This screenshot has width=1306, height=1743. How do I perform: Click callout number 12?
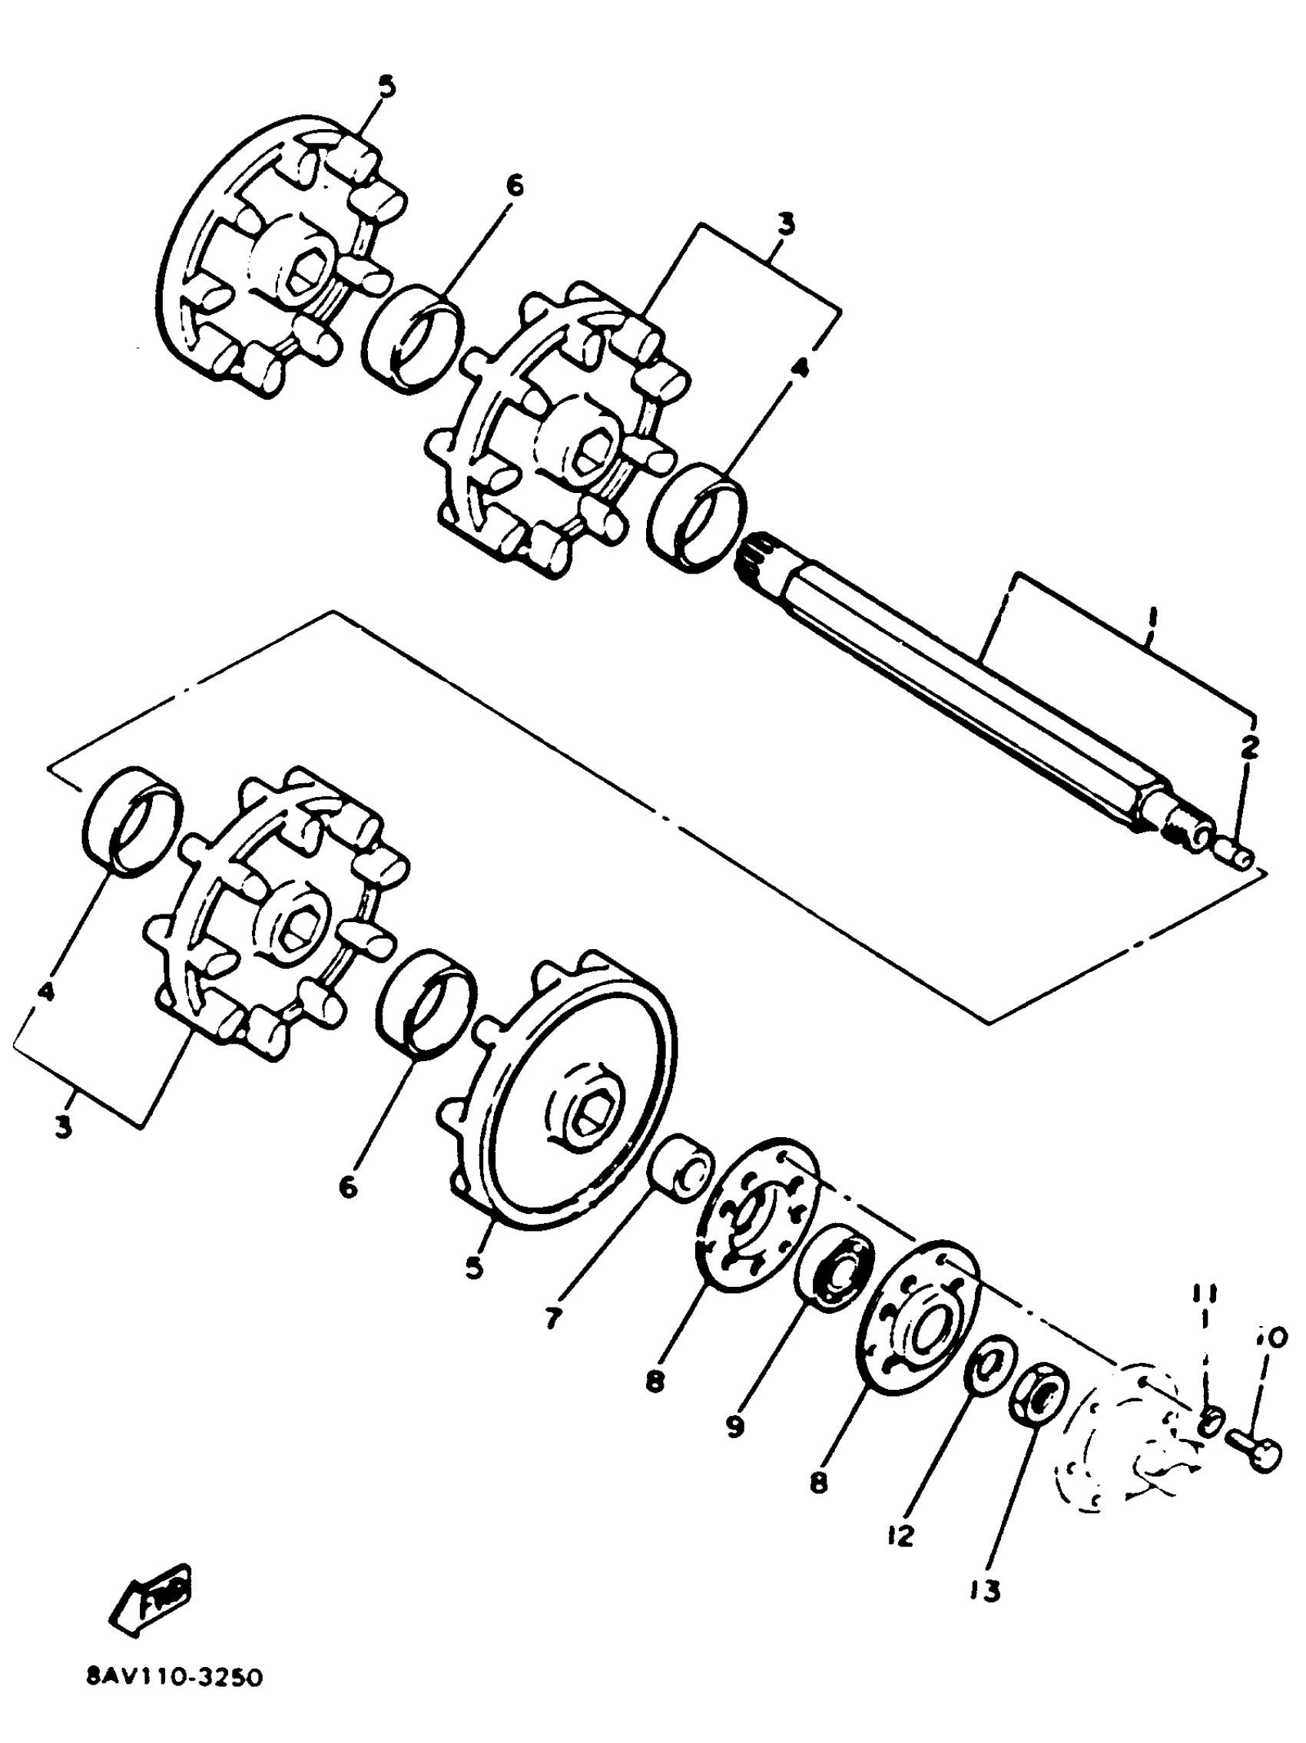pyautogui.click(x=900, y=1534)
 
